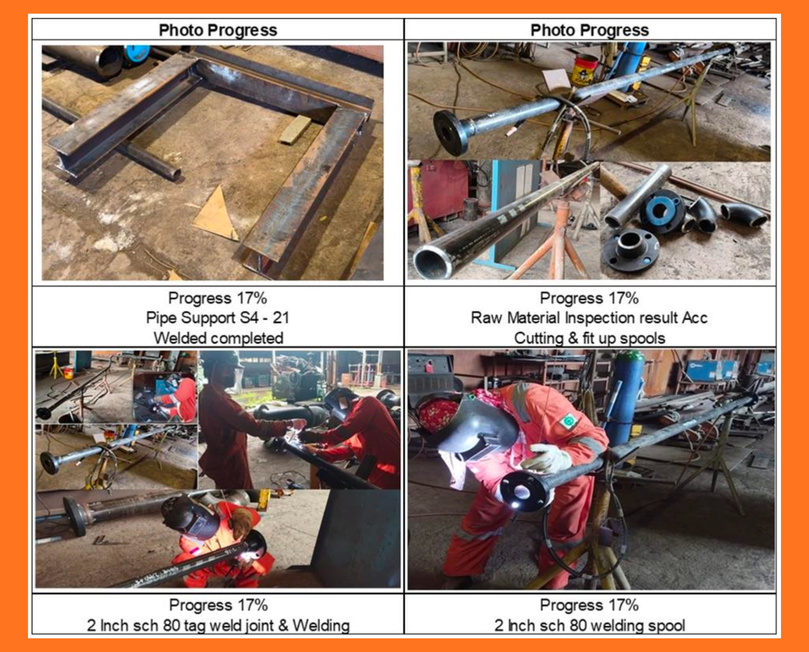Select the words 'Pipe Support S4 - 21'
click(218, 318)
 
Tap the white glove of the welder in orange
click(549, 458)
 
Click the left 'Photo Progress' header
click(218, 30)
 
